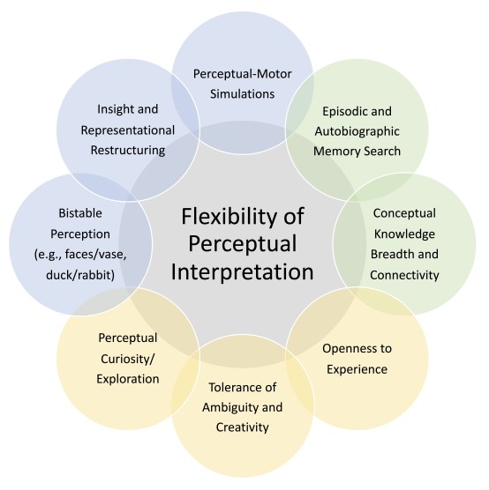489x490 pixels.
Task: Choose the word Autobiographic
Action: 361,133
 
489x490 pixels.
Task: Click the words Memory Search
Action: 362,152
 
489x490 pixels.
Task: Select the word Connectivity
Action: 405,275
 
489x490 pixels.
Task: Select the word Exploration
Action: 129,379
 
